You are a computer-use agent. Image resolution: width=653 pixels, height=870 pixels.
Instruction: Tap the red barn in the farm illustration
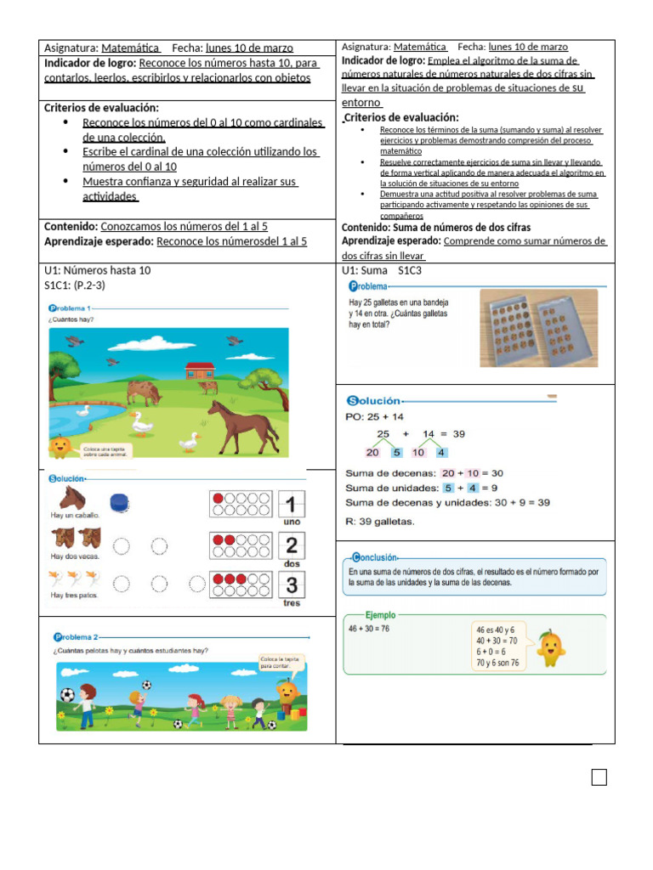pyautogui.click(x=200, y=370)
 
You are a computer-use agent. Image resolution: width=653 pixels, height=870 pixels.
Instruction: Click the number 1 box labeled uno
pyautogui.click(x=291, y=504)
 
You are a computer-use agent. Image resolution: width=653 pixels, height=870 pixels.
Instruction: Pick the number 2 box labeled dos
pyautogui.click(x=291, y=545)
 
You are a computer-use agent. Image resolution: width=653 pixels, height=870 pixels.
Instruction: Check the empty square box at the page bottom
pyautogui.click(x=599, y=777)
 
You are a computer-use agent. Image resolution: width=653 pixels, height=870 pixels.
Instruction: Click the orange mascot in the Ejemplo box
pyautogui.click(x=550, y=648)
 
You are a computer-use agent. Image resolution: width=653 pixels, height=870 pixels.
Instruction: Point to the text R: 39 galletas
pyautogui.click(x=379, y=521)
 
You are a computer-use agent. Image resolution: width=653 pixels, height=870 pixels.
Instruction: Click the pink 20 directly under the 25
pyautogui.click(x=373, y=452)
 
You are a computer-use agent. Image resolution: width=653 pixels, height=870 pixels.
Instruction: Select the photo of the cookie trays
pyautogui.click(x=537, y=328)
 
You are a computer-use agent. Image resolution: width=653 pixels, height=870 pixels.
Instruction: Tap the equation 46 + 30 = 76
pyautogui.click(x=369, y=629)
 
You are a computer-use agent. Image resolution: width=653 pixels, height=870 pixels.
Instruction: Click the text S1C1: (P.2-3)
pyautogui.click(x=75, y=285)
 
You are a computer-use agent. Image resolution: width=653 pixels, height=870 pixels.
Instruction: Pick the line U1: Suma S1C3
pyautogui.click(x=382, y=270)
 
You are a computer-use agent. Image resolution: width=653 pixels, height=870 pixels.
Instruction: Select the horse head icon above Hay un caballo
pyautogui.click(x=71, y=498)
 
